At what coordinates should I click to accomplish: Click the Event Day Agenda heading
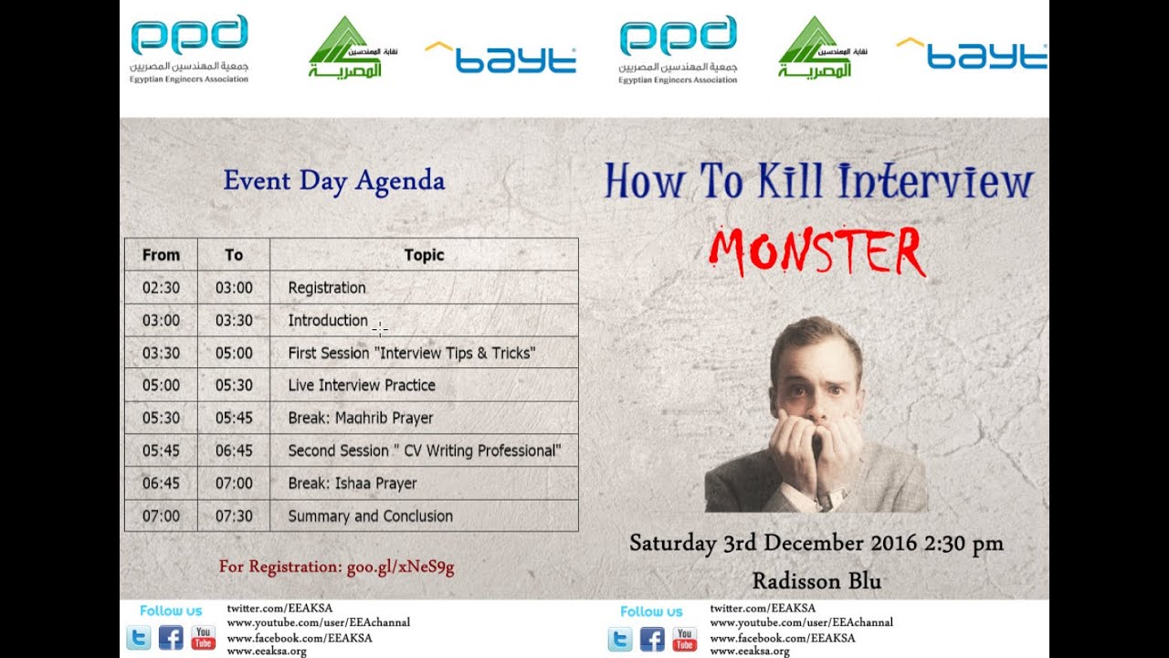point(333,181)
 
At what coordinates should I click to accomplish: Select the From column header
point(161,255)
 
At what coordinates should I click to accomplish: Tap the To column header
point(234,255)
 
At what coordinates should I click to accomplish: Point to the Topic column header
point(424,255)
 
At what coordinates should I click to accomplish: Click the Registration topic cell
point(327,288)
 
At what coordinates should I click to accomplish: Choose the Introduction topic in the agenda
point(328,321)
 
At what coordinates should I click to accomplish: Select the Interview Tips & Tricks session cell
point(411,353)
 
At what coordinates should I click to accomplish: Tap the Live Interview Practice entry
point(362,386)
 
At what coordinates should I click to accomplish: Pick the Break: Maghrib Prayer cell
point(361,419)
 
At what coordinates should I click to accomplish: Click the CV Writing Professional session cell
point(424,451)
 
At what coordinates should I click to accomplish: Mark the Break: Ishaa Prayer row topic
point(353,483)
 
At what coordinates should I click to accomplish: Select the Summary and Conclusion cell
point(370,516)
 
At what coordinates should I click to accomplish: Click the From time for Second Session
point(161,451)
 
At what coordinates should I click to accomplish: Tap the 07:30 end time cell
point(234,516)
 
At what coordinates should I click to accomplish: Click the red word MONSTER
point(817,251)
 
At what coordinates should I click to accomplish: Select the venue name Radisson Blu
point(816,580)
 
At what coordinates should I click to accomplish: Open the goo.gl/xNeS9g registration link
point(400,567)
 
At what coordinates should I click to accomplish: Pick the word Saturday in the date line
point(672,543)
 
